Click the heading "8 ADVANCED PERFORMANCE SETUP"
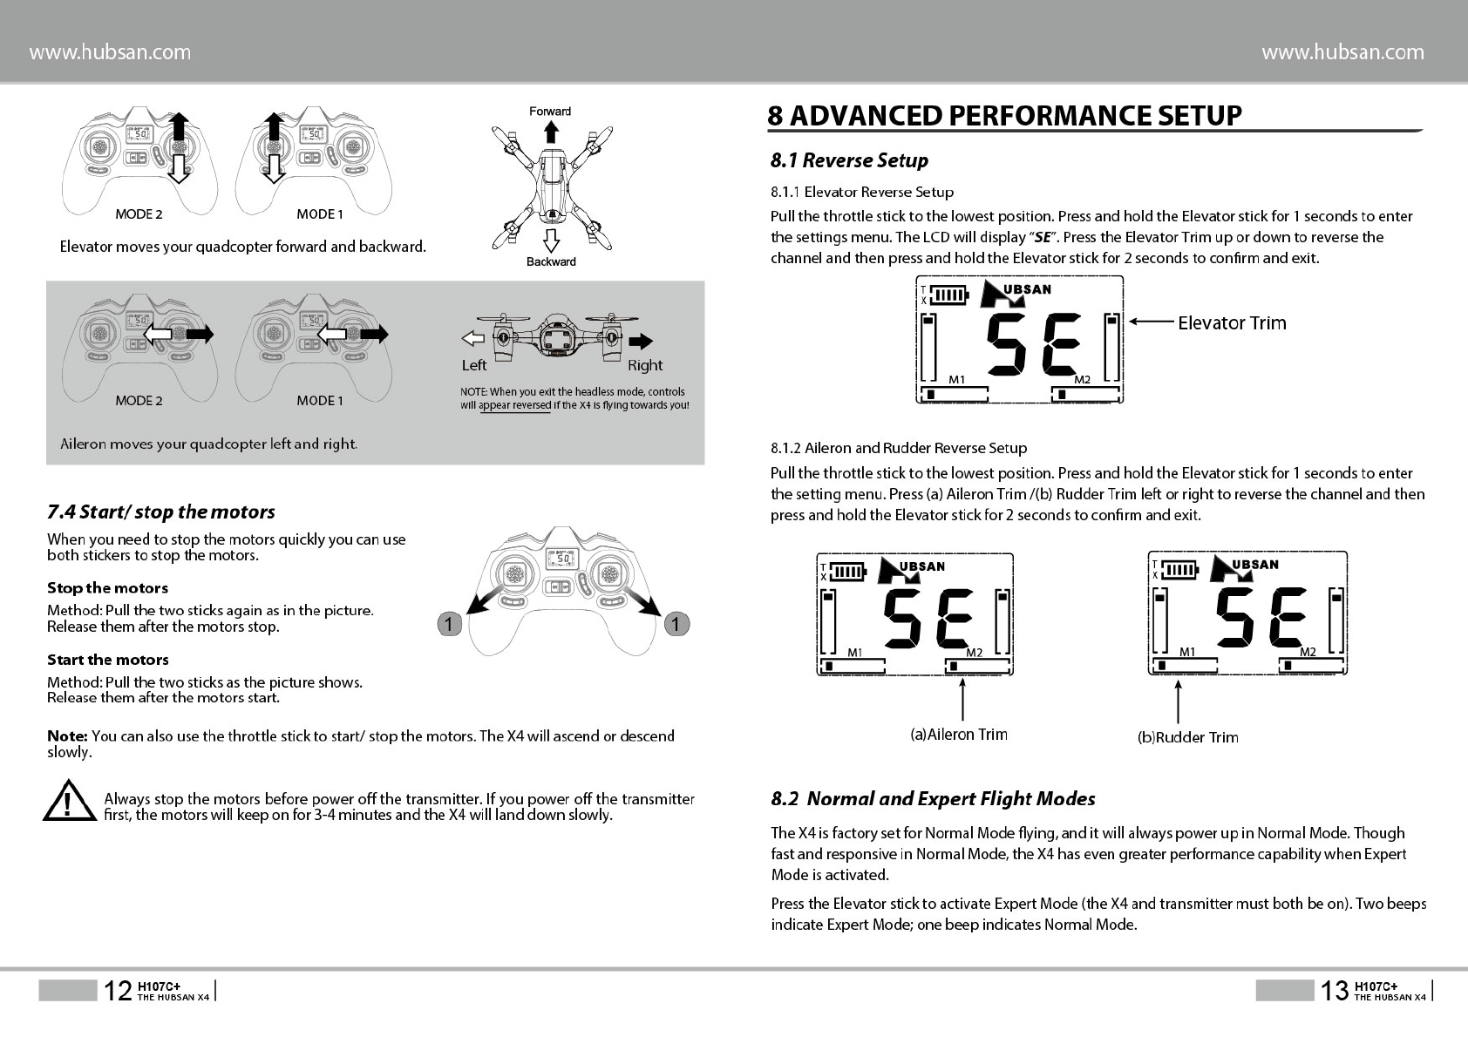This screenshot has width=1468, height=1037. click(x=1004, y=116)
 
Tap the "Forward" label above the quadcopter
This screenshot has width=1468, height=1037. click(x=550, y=112)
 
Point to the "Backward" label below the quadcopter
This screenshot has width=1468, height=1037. click(x=551, y=261)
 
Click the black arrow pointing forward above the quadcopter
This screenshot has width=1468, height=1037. click(x=550, y=132)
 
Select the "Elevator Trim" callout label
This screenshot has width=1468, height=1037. click(x=1232, y=323)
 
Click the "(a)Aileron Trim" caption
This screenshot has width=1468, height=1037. click(x=959, y=735)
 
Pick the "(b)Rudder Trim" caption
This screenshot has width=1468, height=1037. click(x=1188, y=737)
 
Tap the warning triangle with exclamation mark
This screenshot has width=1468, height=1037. click(x=69, y=803)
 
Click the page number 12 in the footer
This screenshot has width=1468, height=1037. click(x=118, y=990)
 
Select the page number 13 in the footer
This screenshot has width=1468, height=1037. click(x=1334, y=990)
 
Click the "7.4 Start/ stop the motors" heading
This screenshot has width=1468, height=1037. click(x=161, y=512)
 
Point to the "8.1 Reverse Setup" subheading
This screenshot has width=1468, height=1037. click(x=849, y=160)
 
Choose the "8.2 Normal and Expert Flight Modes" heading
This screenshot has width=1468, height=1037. click(x=933, y=798)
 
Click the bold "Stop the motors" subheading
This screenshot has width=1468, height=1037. click(x=107, y=588)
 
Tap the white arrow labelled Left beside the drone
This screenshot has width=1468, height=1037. click(x=472, y=339)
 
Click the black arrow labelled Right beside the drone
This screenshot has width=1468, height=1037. click(x=641, y=340)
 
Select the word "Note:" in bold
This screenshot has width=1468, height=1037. click(x=67, y=736)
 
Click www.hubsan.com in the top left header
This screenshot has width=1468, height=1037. click(x=110, y=52)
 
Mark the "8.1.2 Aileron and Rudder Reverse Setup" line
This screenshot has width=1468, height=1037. click(x=899, y=448)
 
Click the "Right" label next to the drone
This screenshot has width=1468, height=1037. click(x=645, y=365)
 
